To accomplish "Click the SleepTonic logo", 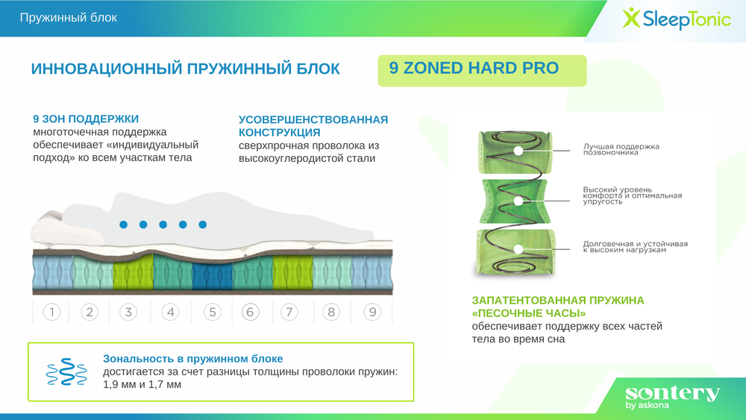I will (x=676, y=18).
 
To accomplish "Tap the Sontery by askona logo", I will (x=672, y=396).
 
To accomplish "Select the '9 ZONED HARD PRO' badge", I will (x=481, y=69).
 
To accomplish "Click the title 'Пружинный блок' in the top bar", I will (x=69, y=17).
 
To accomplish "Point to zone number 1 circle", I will (x=51, y=312).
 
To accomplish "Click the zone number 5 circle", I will (x=212, y=312).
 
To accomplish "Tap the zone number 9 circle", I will (x=372, y=312).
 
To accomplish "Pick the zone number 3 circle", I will (x=128, y=312).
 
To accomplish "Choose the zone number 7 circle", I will (x=289, y=312).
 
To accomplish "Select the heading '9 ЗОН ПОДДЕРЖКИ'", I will (x=86, y=119).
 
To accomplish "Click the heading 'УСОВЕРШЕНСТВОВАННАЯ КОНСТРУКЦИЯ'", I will (x=313, y=126).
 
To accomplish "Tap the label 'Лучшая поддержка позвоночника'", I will (x=621, y=149).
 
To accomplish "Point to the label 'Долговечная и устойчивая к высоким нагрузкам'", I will (x=635, y=247).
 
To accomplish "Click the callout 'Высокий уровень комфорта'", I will (x=632, y=195).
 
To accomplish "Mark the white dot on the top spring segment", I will (x=518, y=151).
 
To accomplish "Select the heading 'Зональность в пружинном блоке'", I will (x=192, y=359).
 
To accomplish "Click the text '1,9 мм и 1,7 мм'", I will (x=142, y=385).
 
